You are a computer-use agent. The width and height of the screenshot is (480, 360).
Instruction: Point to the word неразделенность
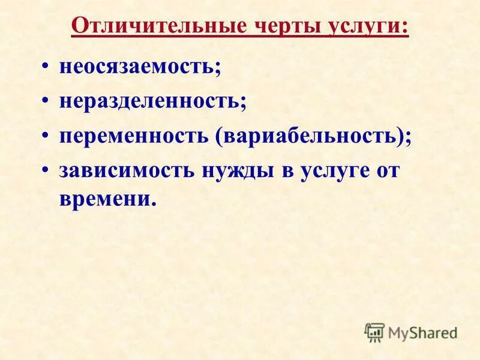[x=149, y=100]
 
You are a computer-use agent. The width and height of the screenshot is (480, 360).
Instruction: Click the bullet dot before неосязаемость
[x=47, y=67]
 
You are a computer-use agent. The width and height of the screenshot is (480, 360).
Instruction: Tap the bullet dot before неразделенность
[x=47, y=101]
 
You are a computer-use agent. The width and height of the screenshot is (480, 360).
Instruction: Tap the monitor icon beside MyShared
[x=374, y=332]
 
